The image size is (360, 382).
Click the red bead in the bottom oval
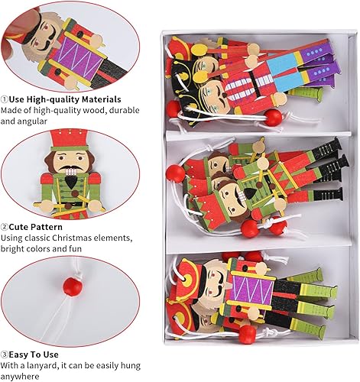pos(73,286)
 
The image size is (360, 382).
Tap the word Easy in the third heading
pos(18,354)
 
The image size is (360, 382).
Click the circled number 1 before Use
pos(5,99)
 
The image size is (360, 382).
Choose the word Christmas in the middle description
pos(72,238)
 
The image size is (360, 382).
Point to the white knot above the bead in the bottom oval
pos(79,275)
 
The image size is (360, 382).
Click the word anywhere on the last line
pos(20,377)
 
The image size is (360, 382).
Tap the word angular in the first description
pos(32,121)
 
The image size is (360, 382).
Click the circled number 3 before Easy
pos(5,354)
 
